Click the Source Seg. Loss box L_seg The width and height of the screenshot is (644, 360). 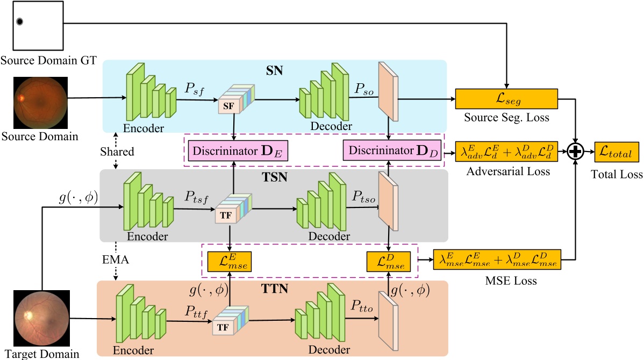click(x=506, y=99)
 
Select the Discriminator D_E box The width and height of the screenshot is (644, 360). click(x=238, y=150)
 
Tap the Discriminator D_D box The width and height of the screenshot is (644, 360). click(x=392, y=150)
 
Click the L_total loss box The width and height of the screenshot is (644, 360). click(x=617, y=152)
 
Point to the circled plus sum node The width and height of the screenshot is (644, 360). click(x=575, y=152)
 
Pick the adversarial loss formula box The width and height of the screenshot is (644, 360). click(x=506, y=152)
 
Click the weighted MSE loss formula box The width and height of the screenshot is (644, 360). click(x=497, y=260)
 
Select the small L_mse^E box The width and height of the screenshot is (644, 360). click(x=229, y=262)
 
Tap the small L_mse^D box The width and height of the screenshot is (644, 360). click(x=388, y=262)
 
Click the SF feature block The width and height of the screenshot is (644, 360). click(x=236, y=99)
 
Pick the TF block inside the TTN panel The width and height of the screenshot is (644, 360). click(x=231, y=320)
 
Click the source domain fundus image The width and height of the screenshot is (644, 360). click(x=41, y=103)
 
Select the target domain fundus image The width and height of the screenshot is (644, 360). click(x=41, y=318)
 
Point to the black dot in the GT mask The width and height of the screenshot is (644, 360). click(x=19, y=21)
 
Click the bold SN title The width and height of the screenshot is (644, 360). click(x=274, y=70)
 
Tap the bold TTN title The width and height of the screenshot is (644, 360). click(x=274, y=289)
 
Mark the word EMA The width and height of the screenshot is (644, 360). click(x=116, y=260)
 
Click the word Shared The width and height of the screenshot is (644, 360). click(x=117, y=152)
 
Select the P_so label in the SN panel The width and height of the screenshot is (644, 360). click(x=364, y=89)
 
